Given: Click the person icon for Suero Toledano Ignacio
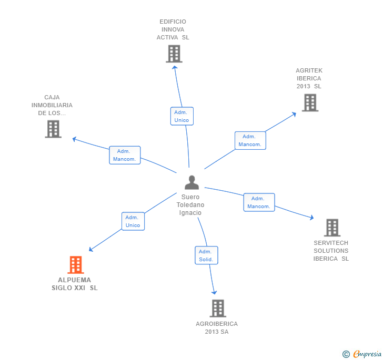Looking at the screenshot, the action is [x=191, y=182].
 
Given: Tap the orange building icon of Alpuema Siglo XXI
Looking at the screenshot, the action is [x=76, y=265].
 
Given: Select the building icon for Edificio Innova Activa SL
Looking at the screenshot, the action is [x=174, y=54].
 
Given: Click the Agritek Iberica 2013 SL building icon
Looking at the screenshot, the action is [x=310, y=102].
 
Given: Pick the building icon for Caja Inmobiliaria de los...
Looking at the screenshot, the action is [x=53, y=129].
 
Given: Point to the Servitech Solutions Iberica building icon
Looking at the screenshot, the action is [x=332, y=228].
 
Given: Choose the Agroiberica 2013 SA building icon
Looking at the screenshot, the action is [x=217, y=308].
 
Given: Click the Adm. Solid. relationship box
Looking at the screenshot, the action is [x=206, y=255].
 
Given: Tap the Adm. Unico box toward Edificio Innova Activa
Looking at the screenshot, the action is [x=182, y=116].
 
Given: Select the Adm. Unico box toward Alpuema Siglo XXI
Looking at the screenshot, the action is [x=133, y=221].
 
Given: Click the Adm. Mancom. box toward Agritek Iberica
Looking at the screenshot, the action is [x=250, y=140].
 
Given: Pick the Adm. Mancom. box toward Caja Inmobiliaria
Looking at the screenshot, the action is [x=125, y=155].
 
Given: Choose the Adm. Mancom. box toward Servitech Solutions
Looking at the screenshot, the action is [x=259, y=202].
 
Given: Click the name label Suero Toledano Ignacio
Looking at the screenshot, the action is [x=190, y=205].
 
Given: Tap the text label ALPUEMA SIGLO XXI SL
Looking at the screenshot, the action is [x=75, y=284].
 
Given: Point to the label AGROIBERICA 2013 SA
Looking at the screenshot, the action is [x=217, y=327].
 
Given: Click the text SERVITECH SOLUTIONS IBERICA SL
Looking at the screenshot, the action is [x=331, y=251].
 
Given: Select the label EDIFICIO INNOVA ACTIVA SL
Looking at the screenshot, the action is [x=173, y=29].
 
